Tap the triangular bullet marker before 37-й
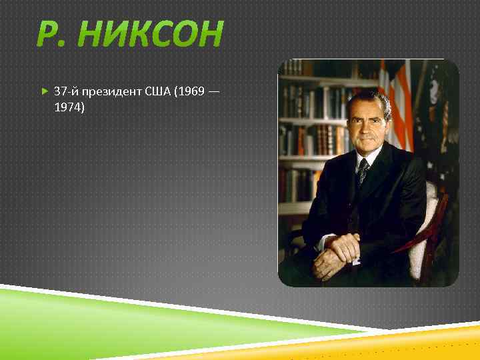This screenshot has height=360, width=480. [x=44, y=90]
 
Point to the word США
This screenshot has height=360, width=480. [x=157, y=90]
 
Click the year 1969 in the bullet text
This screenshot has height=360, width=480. [x=190, y=90]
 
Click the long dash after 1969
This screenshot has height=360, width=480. [x=213, y=90]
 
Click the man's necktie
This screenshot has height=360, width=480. [x=363, y=171]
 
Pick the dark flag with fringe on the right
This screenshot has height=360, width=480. [x=440, y=120]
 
